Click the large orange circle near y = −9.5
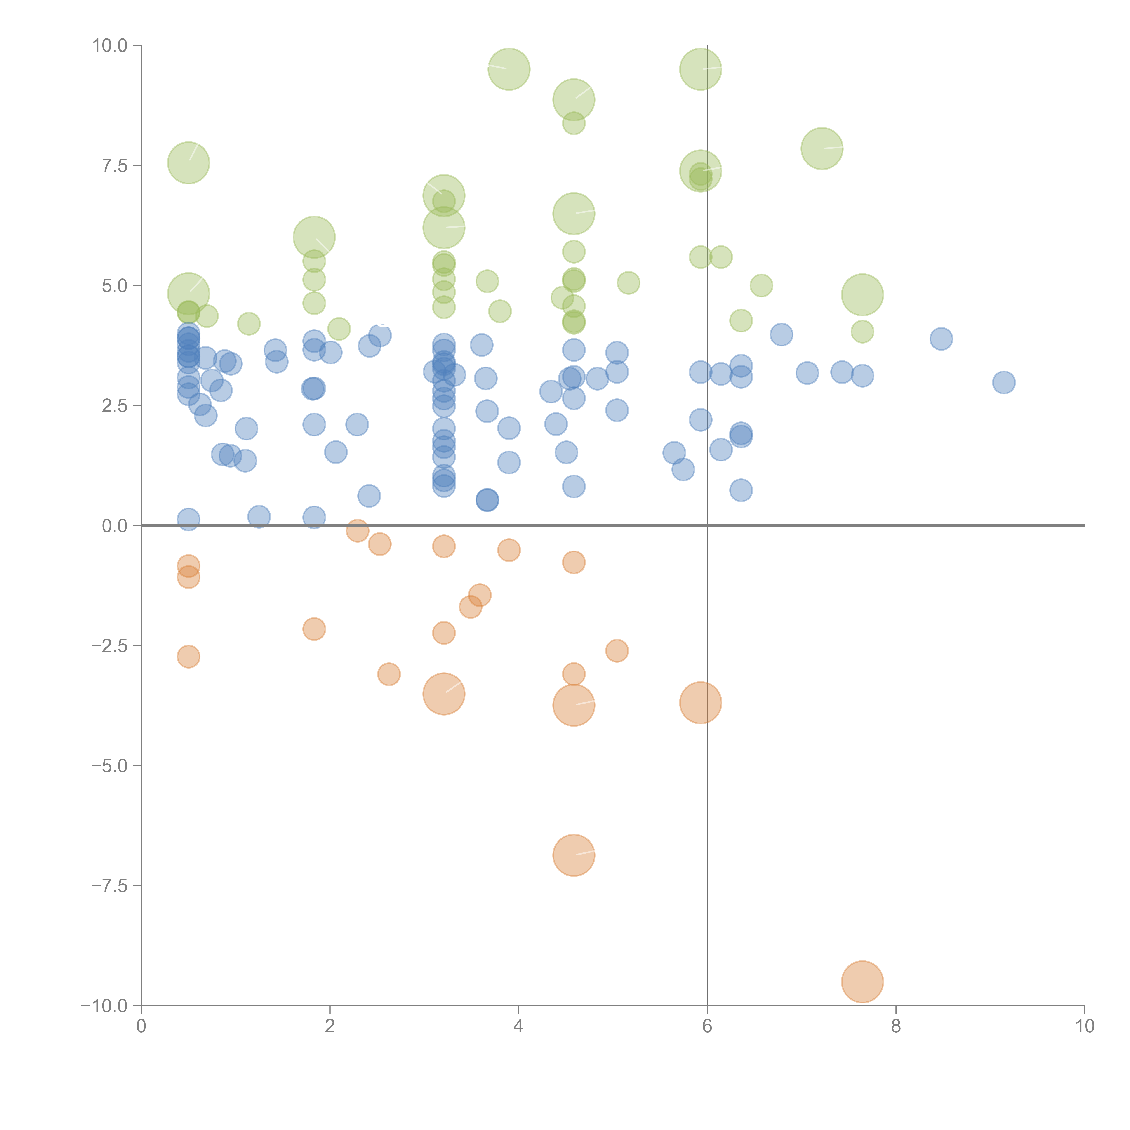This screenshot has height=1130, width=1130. point(862,982)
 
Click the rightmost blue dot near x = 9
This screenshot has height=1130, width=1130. point(1004,383)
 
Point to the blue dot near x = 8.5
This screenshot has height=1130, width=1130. point(941,339)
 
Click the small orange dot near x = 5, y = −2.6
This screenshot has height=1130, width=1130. point(617,650)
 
